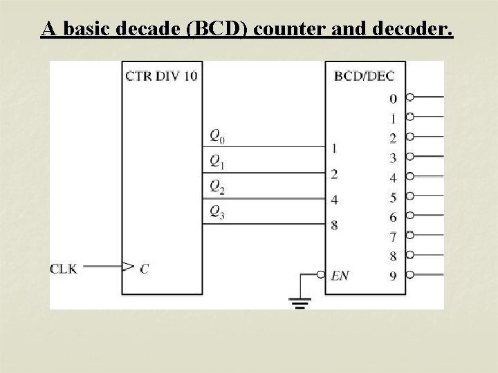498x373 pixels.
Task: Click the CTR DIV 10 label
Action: (160, 75)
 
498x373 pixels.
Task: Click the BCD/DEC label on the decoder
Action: (364, 75)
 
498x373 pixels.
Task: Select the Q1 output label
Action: (218, 162)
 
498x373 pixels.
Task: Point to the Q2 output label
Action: (218, 187)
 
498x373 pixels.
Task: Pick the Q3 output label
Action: (218, 213)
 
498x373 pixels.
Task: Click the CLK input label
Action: (64, 269)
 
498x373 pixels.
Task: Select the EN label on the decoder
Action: (340, 276)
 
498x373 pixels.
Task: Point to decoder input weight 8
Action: (334, 224)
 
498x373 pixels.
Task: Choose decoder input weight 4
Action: (334, 200)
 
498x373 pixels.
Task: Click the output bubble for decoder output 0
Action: (410, 97)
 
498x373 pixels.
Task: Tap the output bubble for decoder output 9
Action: (410, 275)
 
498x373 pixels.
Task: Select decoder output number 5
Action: (393, 198)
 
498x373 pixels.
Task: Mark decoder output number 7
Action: (393, 237)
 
